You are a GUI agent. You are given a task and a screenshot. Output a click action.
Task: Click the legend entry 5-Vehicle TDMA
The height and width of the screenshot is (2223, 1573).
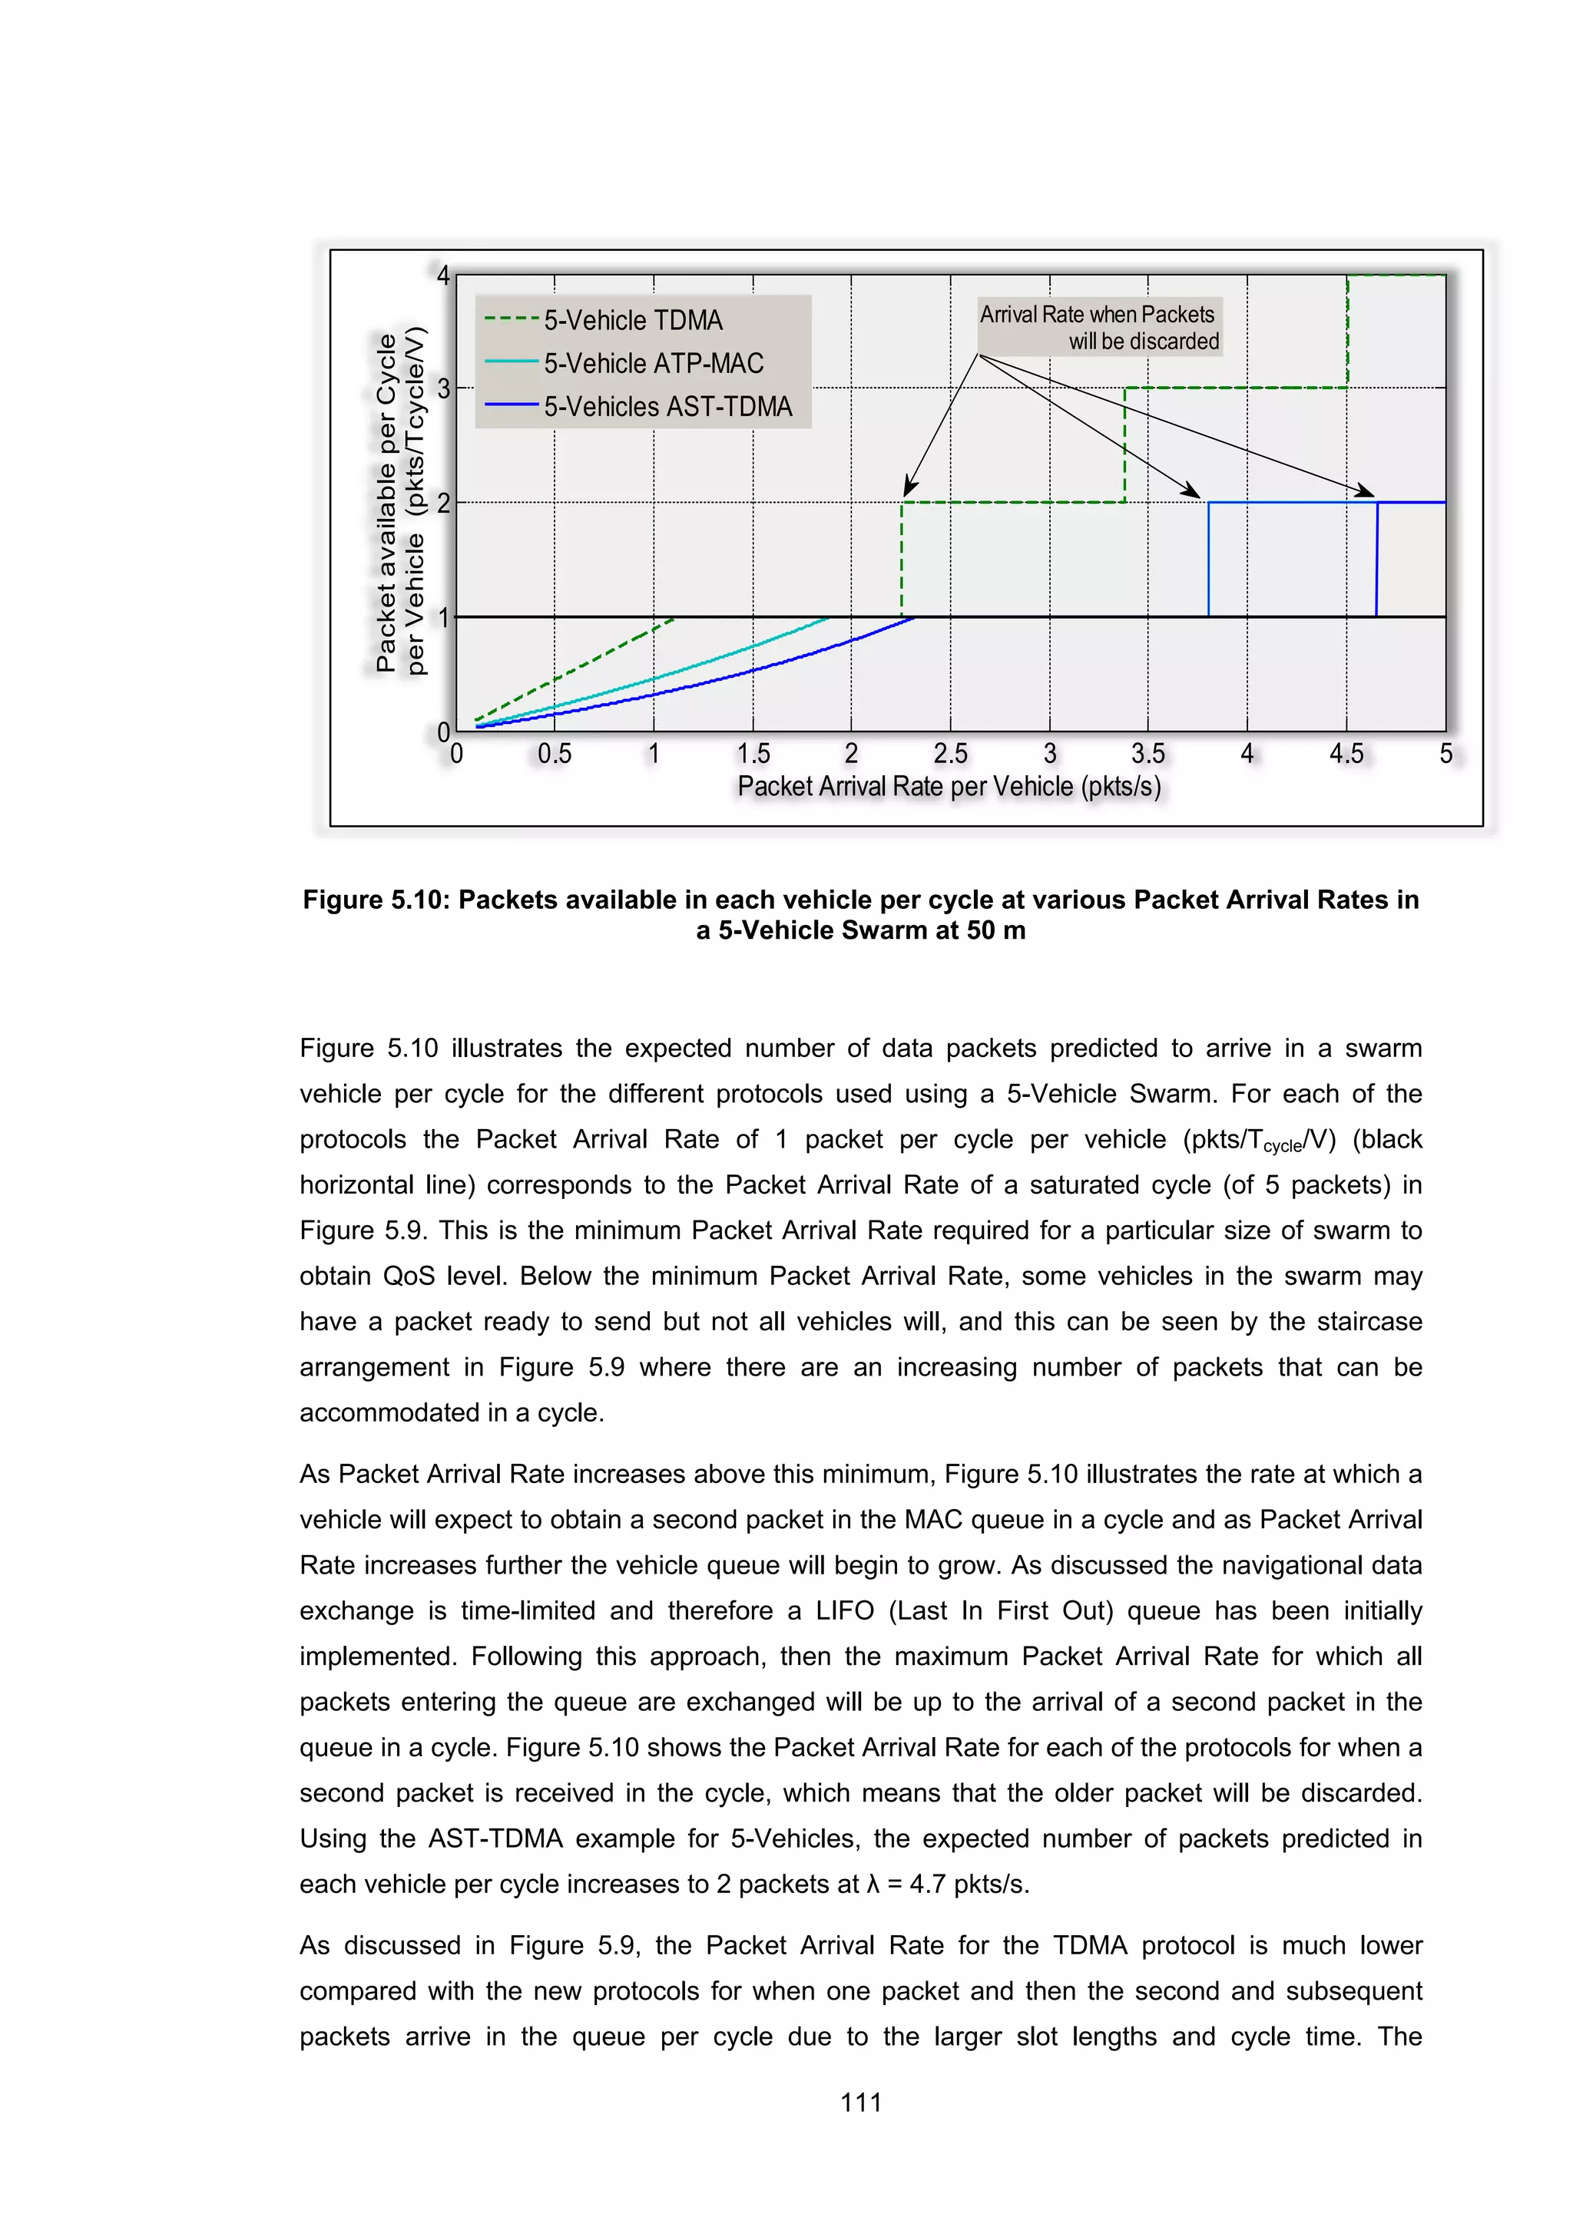coord(632,320)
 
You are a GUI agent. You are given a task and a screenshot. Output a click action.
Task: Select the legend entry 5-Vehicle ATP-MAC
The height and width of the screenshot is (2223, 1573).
coord(653,364)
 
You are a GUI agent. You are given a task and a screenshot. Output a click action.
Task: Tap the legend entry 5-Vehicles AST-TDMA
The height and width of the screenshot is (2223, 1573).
coord(667,407)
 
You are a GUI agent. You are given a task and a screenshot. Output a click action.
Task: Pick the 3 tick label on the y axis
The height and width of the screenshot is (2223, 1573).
coord(444,389)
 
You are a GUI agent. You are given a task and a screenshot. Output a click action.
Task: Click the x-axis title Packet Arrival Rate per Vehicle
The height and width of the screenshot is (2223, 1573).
coord(949,786)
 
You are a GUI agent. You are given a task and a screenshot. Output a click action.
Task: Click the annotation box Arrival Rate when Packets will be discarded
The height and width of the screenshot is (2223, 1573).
coord(1099,327)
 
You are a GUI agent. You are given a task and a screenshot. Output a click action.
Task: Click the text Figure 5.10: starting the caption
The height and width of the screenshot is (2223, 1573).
coord(377,900)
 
